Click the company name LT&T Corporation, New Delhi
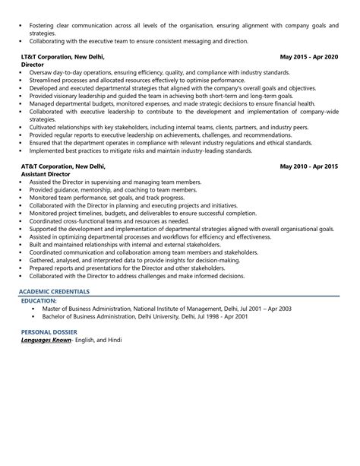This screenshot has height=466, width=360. click(63, 56)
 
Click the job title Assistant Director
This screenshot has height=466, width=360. click(52, 174)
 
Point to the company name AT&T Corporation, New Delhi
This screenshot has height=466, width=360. click(64, 166)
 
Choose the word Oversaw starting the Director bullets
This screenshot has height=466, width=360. click(42, 73)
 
